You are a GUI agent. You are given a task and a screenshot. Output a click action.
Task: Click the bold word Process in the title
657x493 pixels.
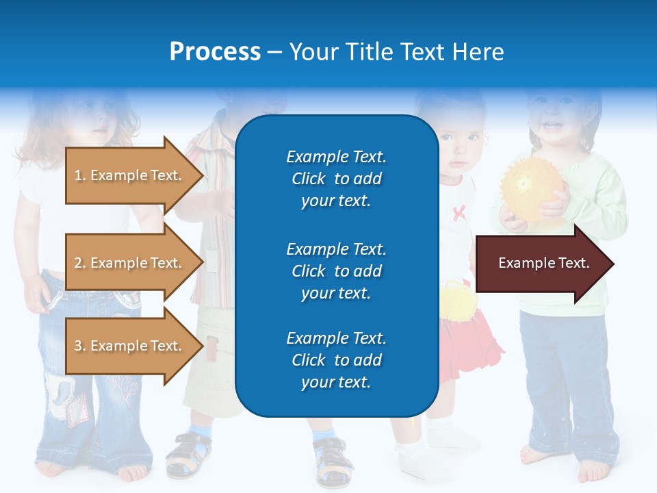pyautogui.click(x=215, y=52)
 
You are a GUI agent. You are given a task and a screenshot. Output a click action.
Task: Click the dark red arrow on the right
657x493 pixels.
pyautogui.click(x=543, y=263)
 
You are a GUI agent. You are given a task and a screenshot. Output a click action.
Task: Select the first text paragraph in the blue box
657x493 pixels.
pyautogui.click(x=336, y=179)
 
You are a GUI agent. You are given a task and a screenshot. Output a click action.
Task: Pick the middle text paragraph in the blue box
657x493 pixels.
pyautogui.click(x=336, y=271)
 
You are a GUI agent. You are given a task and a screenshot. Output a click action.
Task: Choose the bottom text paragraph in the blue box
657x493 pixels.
pyautogui.click(x=336, y=360)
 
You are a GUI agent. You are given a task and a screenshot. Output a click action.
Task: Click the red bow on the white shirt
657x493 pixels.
pyautogui.click(x=458, y=211)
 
